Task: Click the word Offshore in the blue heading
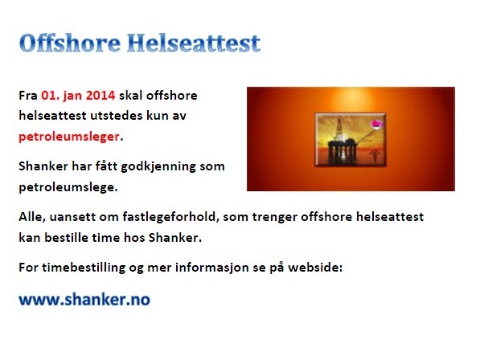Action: tap(70, 43)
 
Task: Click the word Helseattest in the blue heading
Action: tap(194, 43)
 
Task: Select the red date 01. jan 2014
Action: tap(78, 96)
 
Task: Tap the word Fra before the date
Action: tap(28, 96)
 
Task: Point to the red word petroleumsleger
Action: tap(69, 137)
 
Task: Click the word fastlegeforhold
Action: tap(170, 217)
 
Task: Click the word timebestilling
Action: tap(84, 268)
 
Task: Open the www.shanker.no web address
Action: tap(84, 300)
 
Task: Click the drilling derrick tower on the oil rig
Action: tap(338, 130)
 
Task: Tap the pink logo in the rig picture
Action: tap(377, 124)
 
